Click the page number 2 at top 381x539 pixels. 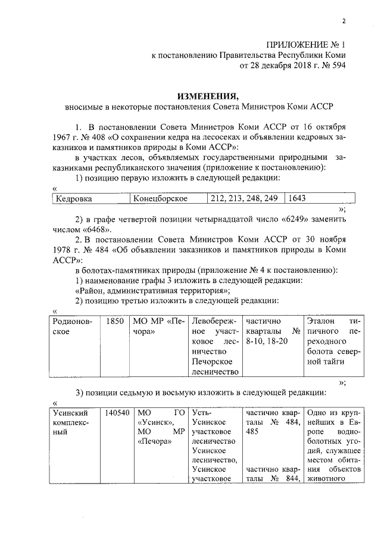pos(344,22)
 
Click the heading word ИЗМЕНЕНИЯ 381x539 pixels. pos(205,96)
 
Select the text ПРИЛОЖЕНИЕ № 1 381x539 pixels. pos(305,44)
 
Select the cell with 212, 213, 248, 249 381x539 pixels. pos(245,198)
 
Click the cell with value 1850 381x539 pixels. pos(115,322)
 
